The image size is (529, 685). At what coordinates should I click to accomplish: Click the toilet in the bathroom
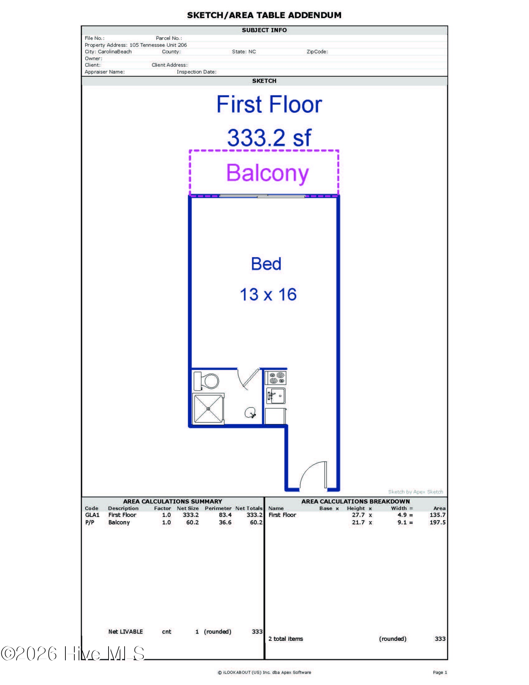pyautogui.click(x=206, y=381)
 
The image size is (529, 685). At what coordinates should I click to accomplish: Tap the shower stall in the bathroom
pyautogui.click(x=209, y=409)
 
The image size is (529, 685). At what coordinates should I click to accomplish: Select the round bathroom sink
pyautogui.click(x=250, y=413)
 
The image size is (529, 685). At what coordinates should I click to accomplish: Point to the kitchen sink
pyautogui.click(x=276, y=396)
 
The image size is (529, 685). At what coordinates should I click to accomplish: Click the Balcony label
pyautogui.click(x=267, y=173)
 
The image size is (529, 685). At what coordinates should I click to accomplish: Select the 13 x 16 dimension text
pyautogui.click(x=268, y=295)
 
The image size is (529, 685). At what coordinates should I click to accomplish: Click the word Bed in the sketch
pyautogui.click(x=266, y=264)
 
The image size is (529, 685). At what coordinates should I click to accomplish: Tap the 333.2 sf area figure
pyautogui.click(x=269, y=138)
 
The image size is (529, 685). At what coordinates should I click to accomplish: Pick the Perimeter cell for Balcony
pyautogui.click(x=225, y=522)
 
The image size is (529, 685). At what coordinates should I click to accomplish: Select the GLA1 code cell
pyautogui.click(x=92, y=515)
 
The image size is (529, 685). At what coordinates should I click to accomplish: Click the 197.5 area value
pyautogui.click(x=438, y=522)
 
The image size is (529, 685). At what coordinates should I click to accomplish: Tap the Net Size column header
pyautogui.click(x=188, y=508)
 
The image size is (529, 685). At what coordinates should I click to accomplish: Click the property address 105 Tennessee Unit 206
pyautogui.click(x=158, y=45)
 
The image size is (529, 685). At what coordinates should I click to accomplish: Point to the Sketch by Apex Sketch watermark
pyautogui.click(x=415, y=492)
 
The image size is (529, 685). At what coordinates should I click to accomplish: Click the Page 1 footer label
pyautogui.click(x=440, y=672)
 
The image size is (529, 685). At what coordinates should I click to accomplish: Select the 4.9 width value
pyautogui.click(x=402, y=515)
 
